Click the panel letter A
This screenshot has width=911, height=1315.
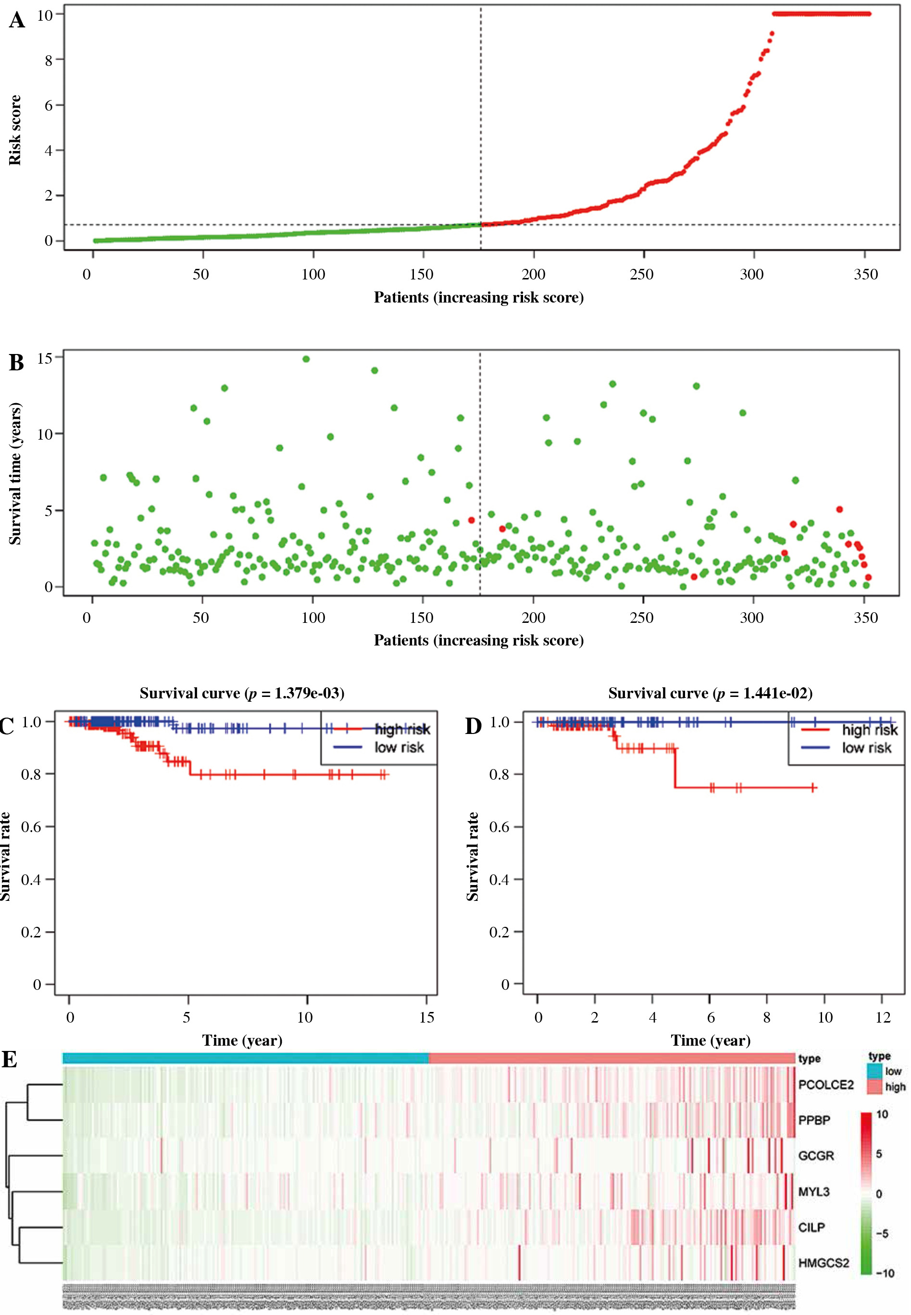tap(17, 21)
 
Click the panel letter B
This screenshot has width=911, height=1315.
tap(16, 363)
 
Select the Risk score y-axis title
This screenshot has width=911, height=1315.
tap(15, 130)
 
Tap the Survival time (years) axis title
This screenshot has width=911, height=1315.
tap(15, 473)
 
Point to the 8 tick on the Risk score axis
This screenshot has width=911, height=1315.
tap(49, 60)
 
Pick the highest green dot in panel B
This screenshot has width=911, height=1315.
tap(306, 359)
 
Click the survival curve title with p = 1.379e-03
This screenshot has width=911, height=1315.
tap(242, 693)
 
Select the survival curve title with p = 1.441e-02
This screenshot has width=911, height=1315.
tap(710, 693)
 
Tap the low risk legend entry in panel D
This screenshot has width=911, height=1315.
tap(866, 748)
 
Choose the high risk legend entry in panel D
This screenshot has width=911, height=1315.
tap(869, 730)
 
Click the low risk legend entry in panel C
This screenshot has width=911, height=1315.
tap(399, 747)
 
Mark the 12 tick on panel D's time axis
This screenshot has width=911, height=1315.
tap(883, 1017)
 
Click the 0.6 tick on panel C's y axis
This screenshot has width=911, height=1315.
tap(31, 827)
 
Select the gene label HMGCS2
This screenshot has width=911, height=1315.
tap(823, 1263)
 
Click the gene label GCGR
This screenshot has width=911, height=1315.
tap(816, 1156)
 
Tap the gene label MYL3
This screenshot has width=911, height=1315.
tap(813, 1192)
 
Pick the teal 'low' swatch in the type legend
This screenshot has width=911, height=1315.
tap(874, 1071)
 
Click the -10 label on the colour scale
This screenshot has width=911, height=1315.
tap(885, 1273)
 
